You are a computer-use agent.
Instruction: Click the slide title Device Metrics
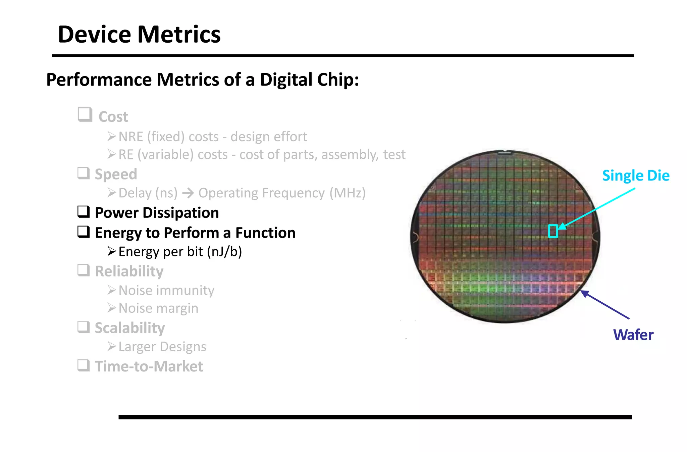pos(139,35)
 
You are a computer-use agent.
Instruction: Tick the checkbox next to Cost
pos(85,115)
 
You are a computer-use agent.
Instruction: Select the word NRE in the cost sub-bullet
pos(131,137)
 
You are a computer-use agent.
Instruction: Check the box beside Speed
pos(84,173)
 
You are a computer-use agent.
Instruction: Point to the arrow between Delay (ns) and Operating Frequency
pos(188,193)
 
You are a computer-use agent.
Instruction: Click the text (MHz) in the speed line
pos(348,193)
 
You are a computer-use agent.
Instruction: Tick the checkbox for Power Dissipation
pos(84,212)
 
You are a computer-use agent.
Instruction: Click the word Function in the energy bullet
pos(265,233)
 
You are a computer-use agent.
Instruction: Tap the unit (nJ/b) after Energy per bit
pos(224,252)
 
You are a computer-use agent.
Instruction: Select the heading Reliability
pos(129,271)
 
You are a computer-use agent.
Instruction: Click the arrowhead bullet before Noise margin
pos(112,308)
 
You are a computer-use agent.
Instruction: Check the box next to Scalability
pos(84,327)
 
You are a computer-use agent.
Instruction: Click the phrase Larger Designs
pos(162,347)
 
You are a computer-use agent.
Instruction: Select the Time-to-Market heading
pos(149,366)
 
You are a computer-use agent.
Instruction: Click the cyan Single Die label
pos(636,175)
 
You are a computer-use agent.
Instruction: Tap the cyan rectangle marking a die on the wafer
pos(553,231)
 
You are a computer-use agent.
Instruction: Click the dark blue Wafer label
pos(633,335)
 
